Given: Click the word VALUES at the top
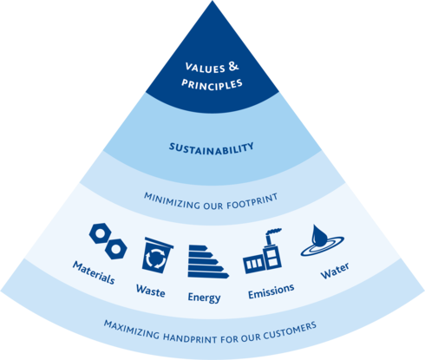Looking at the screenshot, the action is click(205, 68).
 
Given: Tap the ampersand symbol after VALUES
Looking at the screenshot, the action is click(233, 66).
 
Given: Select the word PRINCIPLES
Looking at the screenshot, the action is click(212, 85).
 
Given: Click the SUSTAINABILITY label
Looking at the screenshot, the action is click(212, 149).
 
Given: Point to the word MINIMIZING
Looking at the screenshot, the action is click(172, 200).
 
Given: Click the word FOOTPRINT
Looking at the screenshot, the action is click(252, 201).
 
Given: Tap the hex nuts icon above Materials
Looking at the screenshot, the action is click(108, 241).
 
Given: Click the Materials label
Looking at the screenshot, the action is click(94, 272).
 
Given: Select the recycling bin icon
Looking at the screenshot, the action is click(157, 255).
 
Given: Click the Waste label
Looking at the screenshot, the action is click(151, 291).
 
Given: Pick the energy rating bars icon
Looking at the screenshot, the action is click(207, 262).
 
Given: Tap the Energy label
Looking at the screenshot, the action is click(204, 298).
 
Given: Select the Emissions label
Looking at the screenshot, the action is click(271, 291).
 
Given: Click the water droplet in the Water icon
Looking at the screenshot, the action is click(319, 235).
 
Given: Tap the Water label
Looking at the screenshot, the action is click(335, 271).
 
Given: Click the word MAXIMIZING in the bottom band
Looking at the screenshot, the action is click(132, 330).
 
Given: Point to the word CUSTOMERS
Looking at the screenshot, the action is click(290, 331).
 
